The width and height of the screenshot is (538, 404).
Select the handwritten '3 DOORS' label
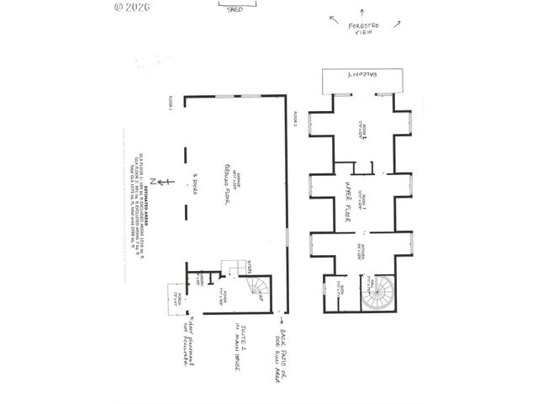(194, 180)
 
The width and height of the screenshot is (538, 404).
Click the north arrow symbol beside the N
(169, 181)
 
